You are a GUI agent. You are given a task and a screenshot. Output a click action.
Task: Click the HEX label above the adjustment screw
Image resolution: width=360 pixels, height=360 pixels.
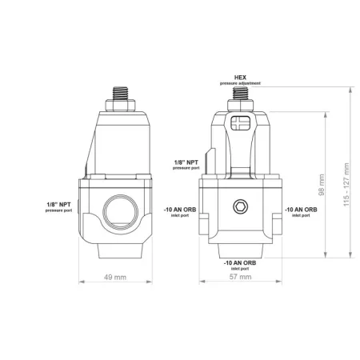(238, 76)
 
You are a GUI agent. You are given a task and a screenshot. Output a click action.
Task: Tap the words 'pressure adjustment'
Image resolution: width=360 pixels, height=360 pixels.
(238, 82)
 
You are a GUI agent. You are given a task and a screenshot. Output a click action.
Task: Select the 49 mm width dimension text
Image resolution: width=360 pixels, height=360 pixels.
(117, 278)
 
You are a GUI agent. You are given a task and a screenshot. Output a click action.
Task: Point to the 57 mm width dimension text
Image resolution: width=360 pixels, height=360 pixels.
(240, 278)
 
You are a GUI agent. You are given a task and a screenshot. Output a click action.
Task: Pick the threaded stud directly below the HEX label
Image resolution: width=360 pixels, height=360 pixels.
(238, 94)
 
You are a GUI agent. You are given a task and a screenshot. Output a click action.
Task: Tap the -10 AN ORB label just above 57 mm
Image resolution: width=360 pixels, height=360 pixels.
(239, 262)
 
